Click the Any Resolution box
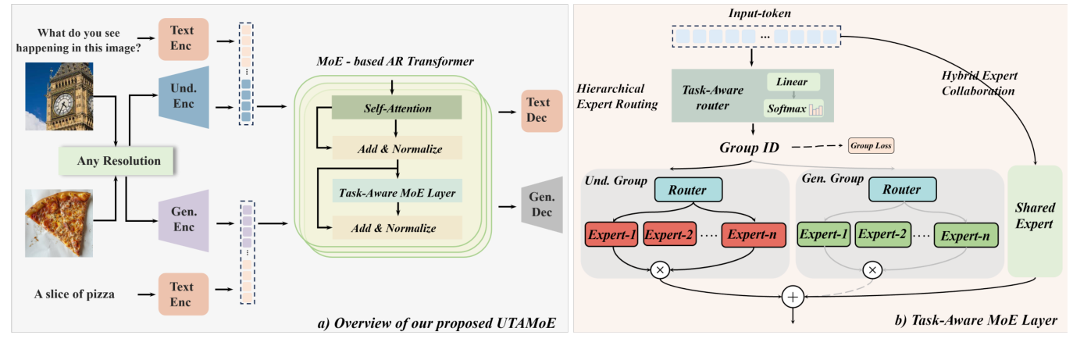click(119, 162)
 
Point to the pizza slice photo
click(59, 223)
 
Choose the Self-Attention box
click(397, 109)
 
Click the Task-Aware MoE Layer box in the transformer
click(397, 190)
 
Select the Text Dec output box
click(538, 110)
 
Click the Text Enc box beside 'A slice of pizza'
click(184, 294)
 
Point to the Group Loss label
click(872, 146)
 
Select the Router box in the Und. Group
click(688, 190)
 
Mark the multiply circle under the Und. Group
click(661, 270)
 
